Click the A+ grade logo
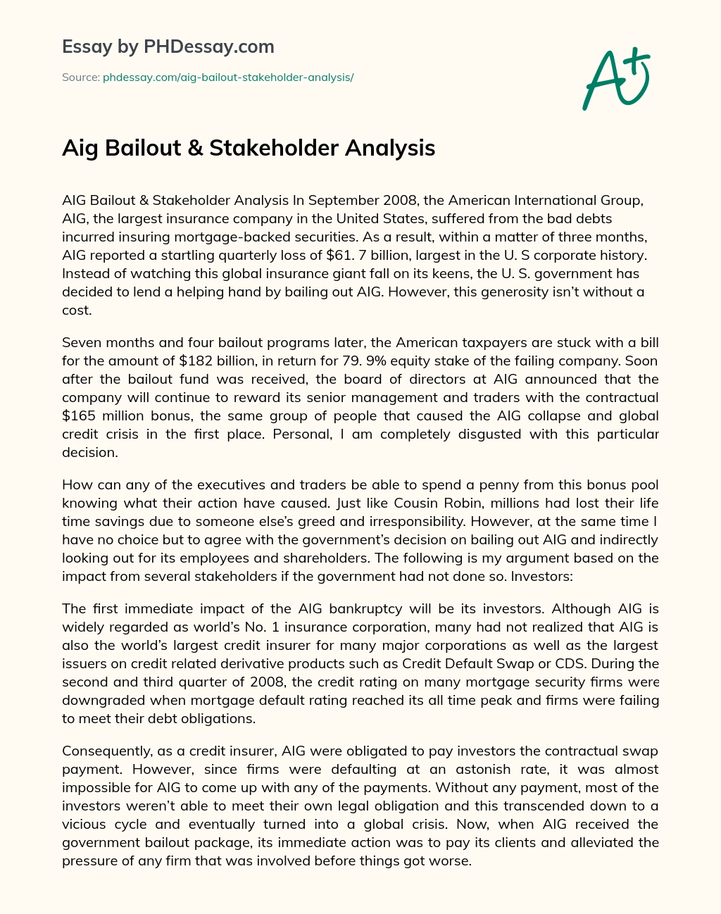pyautogui.click(x=616, y=79)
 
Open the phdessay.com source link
pyautogui.click(x=228, y=77)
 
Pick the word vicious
pyautogui.click(x=83, y=824)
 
